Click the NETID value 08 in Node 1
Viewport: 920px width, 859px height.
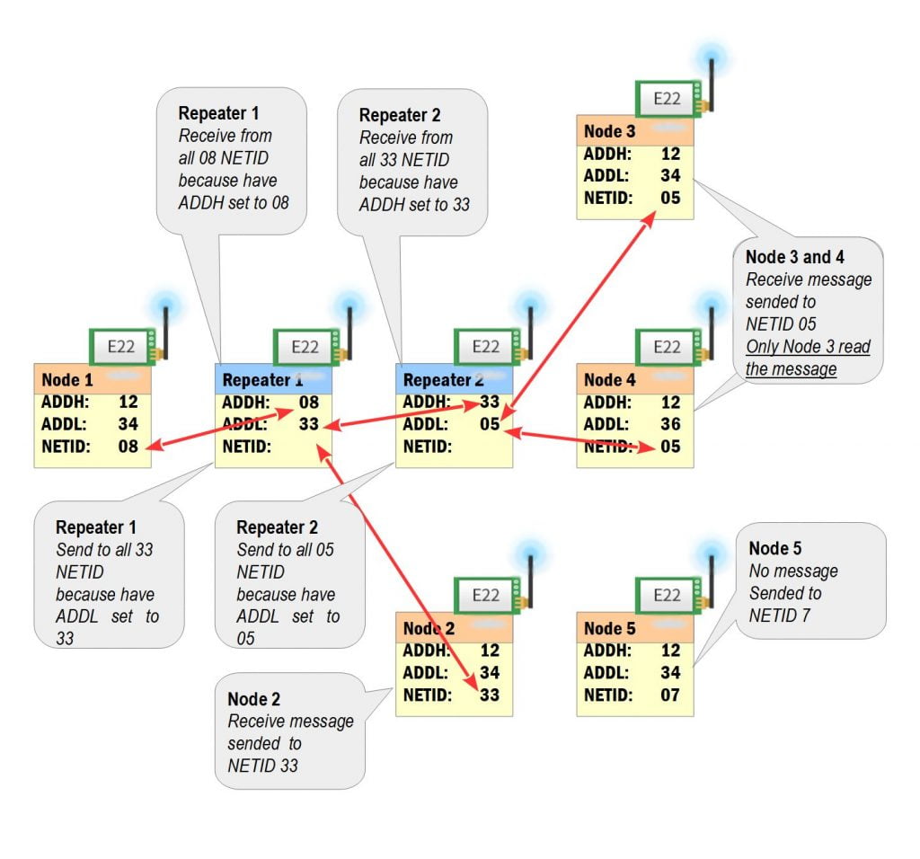click(x=128, y=446)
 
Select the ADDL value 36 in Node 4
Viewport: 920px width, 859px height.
click(x=670, y=424)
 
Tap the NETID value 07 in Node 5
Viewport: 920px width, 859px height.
click(x=670, y=695)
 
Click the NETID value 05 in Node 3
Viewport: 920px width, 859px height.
click(x=670, y=198)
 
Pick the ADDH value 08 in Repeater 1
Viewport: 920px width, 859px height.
click(x=309, y=402)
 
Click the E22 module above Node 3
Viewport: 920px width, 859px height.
click(x=666, y=99)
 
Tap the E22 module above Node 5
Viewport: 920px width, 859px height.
click(x=666, y=595)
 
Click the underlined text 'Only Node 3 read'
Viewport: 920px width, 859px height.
click(x=808, y=347)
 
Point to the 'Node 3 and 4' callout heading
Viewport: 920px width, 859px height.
click(x=794, y=257)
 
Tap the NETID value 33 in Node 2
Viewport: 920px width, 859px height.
click(x=489, y=695)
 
